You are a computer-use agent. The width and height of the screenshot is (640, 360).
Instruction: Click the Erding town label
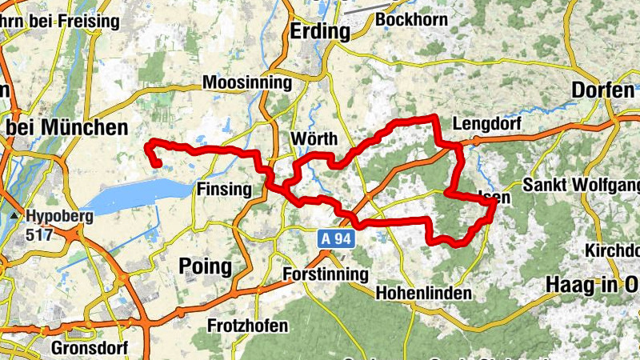[321, 32]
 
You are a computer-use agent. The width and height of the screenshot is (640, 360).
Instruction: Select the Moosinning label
[247, 82]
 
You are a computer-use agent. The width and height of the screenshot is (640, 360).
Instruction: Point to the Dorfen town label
[602, 90]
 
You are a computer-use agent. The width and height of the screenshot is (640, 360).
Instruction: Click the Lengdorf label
[486, 124]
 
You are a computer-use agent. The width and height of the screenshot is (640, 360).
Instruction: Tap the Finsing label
[230, 190]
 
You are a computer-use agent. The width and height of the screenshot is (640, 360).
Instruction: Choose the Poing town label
[207, 266]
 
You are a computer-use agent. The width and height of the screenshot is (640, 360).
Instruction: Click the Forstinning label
[326, 274]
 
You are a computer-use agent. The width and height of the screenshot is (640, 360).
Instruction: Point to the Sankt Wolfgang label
[582, 186]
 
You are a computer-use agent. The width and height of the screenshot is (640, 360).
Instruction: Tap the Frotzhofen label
[246, 326]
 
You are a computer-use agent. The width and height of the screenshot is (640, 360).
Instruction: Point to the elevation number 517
[38, 234]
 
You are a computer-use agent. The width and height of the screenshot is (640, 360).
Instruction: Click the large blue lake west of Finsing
[136, 196]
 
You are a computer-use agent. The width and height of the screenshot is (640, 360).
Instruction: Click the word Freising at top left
[90, 22]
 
